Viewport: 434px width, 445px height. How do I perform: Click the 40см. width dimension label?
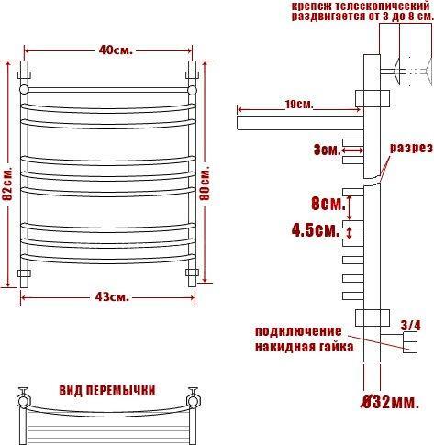pyautogui.click(x=116, y=50)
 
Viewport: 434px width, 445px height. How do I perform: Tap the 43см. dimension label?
pyautogui.click(x=112, y=296)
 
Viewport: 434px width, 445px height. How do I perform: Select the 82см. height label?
pyautogui.click(x=7, y=184)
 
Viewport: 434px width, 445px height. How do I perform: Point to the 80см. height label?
pyautogui.click(x=205, y=184)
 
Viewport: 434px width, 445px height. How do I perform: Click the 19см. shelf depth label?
pyautogui.click(x=299, y=105)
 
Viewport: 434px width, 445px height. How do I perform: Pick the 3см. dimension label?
pyautogui.click(x=327, y=150)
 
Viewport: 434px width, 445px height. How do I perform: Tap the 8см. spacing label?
pyautogui.click(x=328, y=204)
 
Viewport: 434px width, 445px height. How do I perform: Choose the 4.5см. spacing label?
pyautogui.click(x=316, y=229)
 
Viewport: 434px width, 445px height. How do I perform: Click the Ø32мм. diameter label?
pyautogui.click(x=389, y=403)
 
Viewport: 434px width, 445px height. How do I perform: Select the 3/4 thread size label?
pyautogui.click(x=411, y=325)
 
